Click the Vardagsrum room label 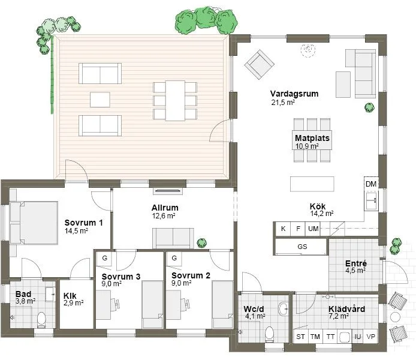click(294, 94)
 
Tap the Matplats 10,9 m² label click(312, 138)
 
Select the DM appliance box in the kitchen click(371, 184)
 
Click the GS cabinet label click(301, 247)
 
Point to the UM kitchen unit click(313, 229)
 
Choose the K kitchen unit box click(282, 229)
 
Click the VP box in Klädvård click(372, 337)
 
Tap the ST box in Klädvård click(300, 337)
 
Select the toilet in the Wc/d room click(269, 332)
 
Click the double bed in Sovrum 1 click(34, 223)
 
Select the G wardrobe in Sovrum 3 click(105, 258)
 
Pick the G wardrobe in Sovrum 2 click(174, 258)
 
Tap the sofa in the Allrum click(173, 238)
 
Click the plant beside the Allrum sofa click(201, 242)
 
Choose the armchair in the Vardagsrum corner click(258, 64)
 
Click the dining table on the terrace click(175, 100)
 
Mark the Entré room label click(355, 264)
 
